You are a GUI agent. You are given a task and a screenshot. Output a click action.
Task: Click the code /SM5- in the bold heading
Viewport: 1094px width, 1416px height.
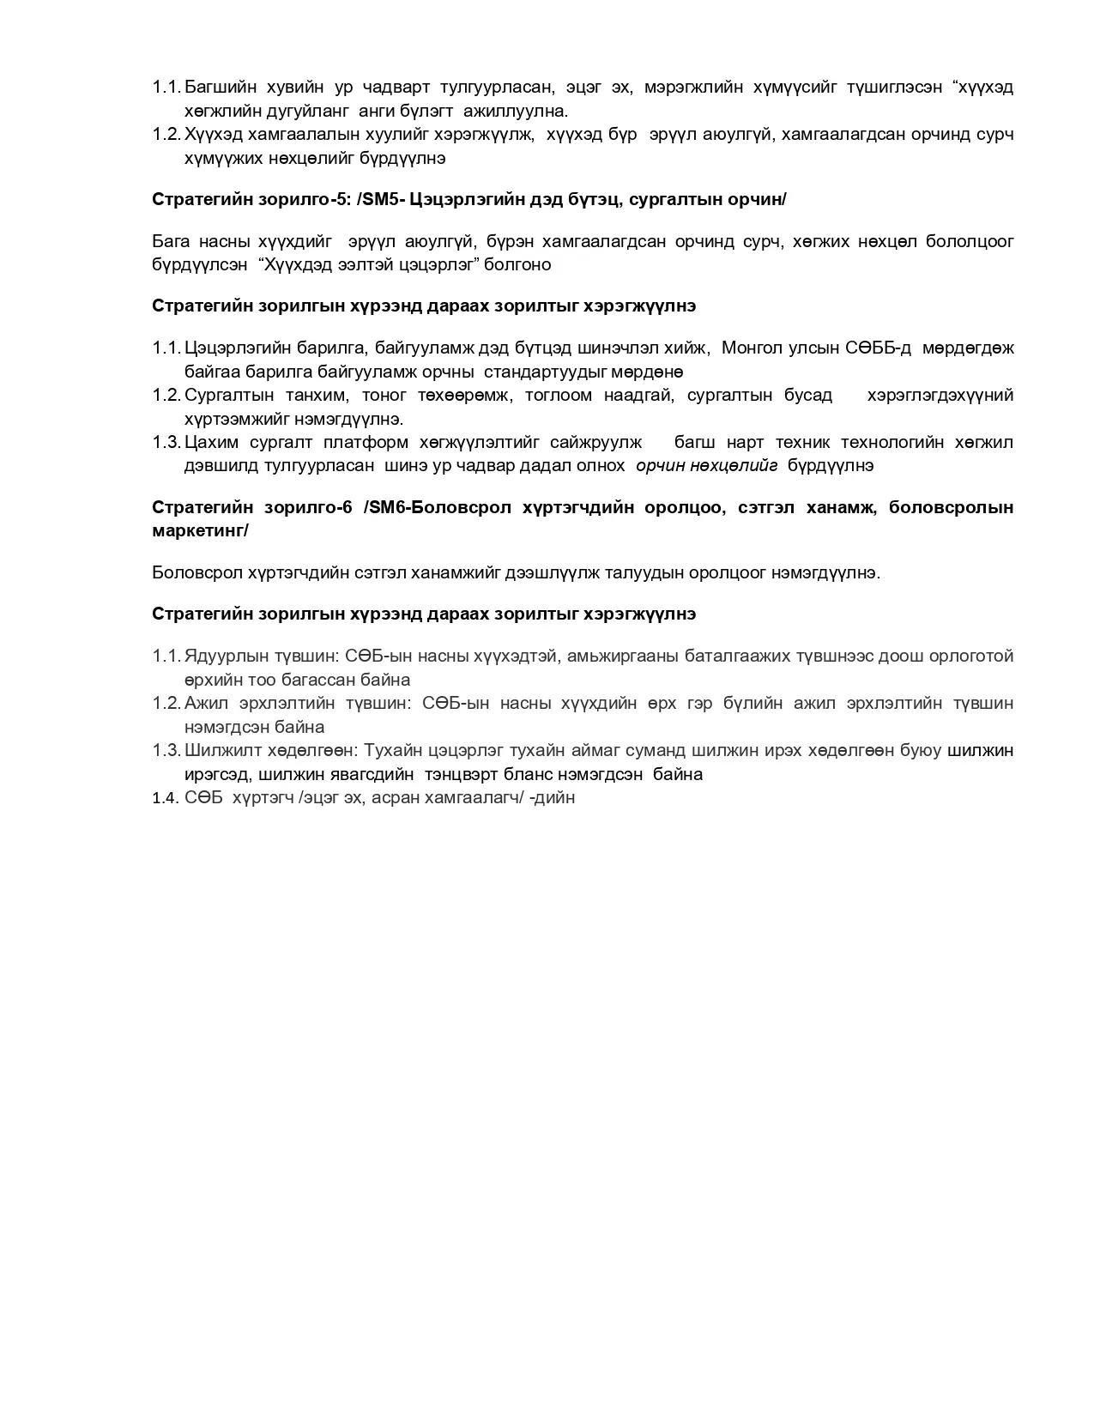(383, 199)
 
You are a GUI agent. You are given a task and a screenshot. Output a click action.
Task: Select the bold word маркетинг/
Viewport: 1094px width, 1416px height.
(200, 530)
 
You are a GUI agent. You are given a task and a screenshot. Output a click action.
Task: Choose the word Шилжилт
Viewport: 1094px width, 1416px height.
(216, 750)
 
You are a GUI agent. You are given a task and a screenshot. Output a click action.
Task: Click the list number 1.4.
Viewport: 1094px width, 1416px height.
(165, 798)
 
